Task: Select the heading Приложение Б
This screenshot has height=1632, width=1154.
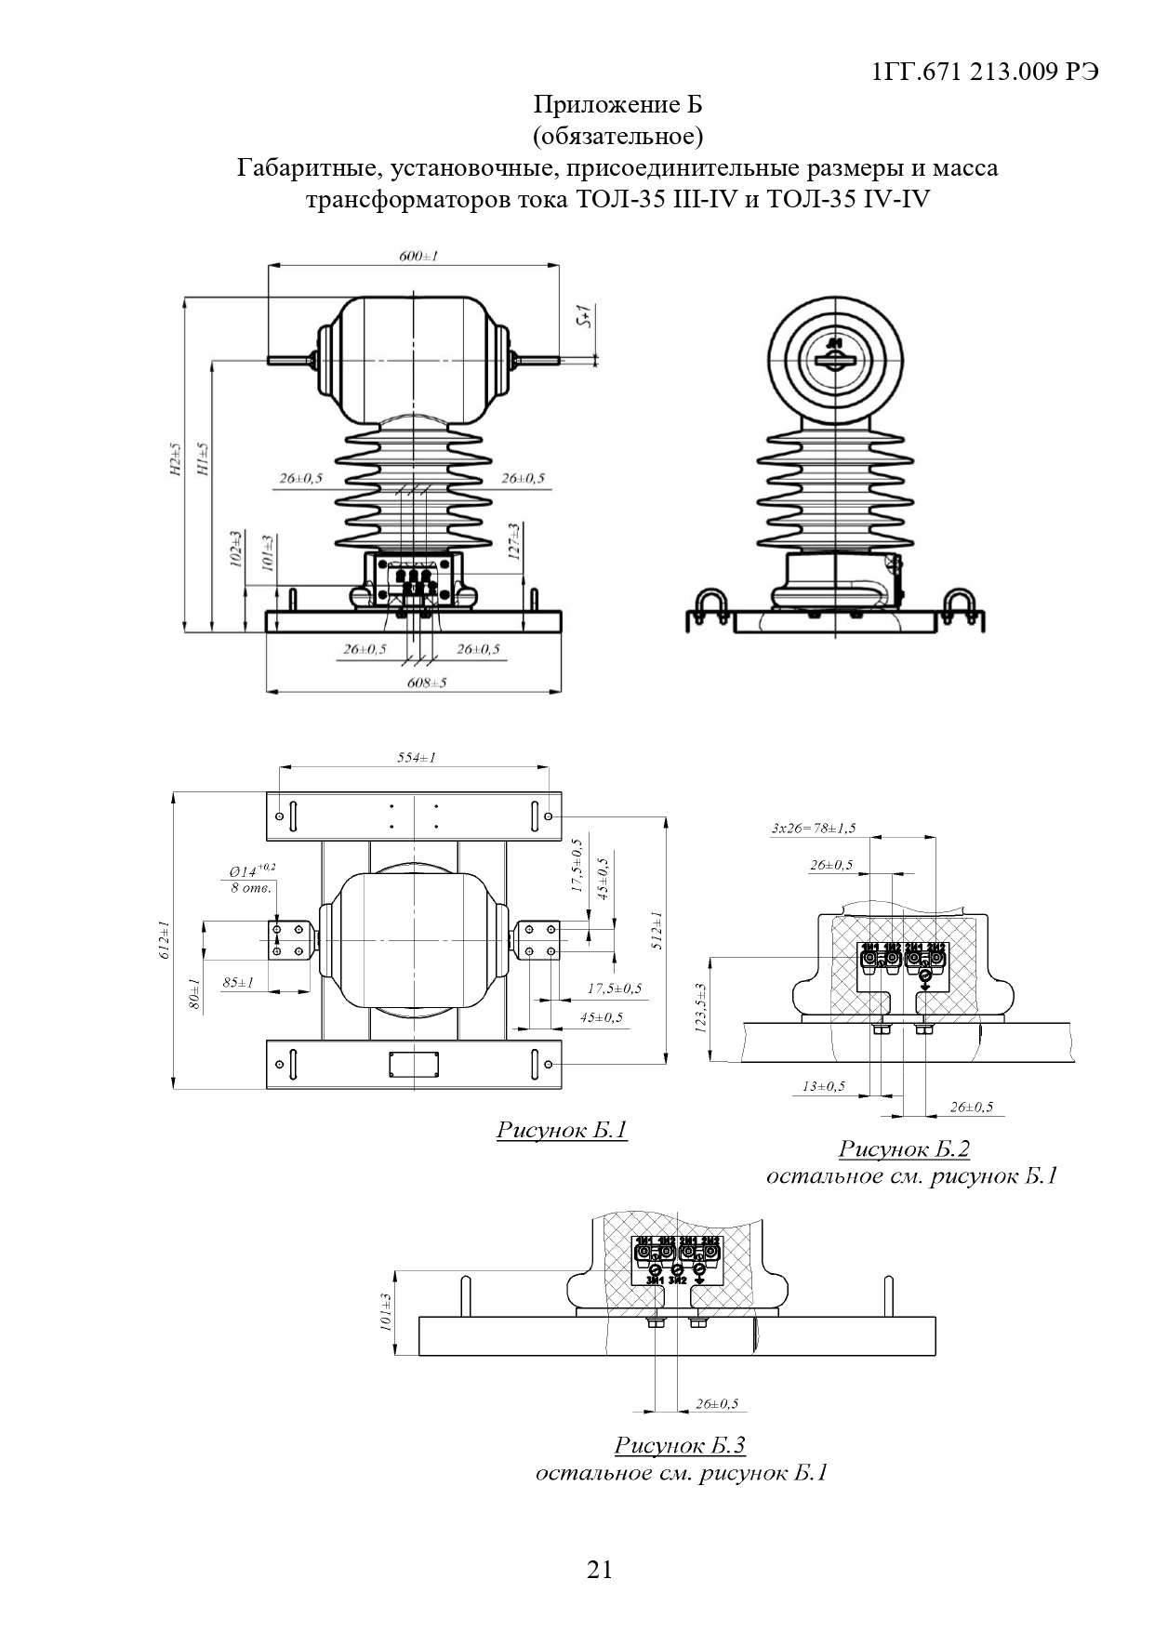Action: click(x=617, y=104)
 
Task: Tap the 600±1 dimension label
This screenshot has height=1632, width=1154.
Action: click(x=418, y=256)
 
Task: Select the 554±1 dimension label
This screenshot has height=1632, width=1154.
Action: click(x=416, y=758)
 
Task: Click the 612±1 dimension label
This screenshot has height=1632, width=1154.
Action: click(x=163, y=939)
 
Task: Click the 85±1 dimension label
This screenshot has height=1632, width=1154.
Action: click(x=238, y=982)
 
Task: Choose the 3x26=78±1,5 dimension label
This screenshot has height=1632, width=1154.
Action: click(x=814, y=828)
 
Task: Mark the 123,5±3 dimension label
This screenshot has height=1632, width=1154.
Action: click(x=699, y=1008)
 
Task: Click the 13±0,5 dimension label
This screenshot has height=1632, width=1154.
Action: click(x=824, y=1085)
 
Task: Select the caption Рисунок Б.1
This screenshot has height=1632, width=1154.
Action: click(x=562, y=1130)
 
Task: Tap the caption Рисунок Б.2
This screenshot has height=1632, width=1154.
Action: click(x=904, y=1148)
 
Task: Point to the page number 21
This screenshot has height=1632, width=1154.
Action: click(x=600, y=1570)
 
